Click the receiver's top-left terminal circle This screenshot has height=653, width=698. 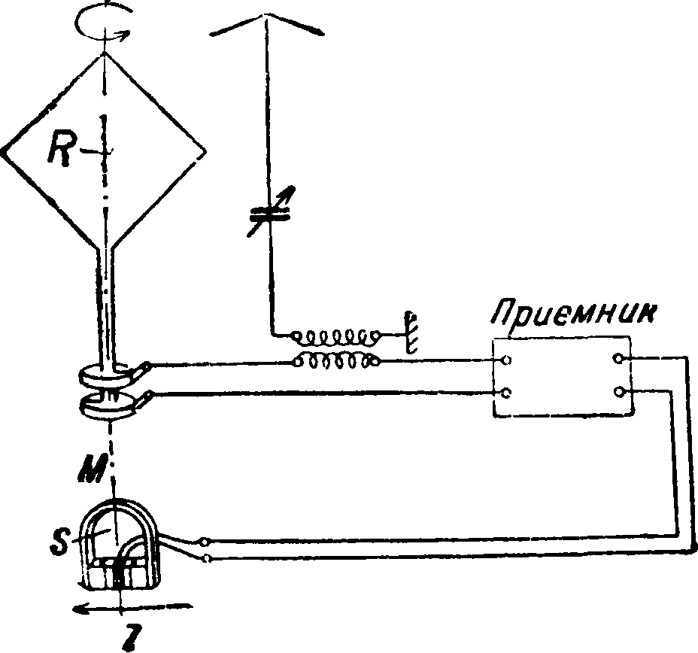[x=506, y=360]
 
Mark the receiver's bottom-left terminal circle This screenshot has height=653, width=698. [x=506, y=393]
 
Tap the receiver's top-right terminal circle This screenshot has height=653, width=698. [x=620, y=360]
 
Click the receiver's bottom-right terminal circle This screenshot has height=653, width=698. [x=620, y=392]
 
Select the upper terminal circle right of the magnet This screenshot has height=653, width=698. [x=206, y=540]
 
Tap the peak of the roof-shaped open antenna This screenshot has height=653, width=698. [x=264, y=16]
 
